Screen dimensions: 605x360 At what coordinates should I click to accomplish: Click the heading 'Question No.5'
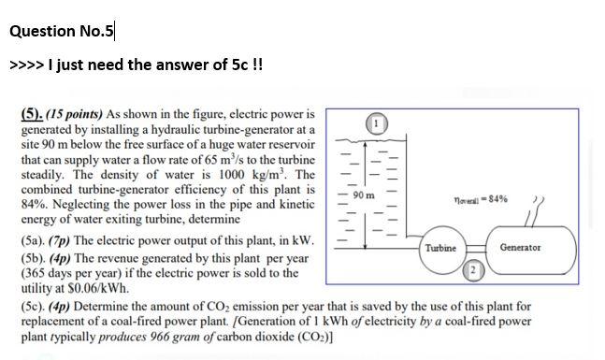[61, 31]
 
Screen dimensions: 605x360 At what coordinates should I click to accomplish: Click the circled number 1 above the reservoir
[376, 122]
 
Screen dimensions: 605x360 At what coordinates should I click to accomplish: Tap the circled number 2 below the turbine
[474, 270]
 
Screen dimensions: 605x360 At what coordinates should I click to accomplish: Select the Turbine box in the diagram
[440, 248]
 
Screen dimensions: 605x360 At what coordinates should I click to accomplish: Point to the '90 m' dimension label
[365, 195]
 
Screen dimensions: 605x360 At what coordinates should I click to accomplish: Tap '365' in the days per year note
[34, 273]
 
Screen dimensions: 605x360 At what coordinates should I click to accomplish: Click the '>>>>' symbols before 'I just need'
[26, 66]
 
